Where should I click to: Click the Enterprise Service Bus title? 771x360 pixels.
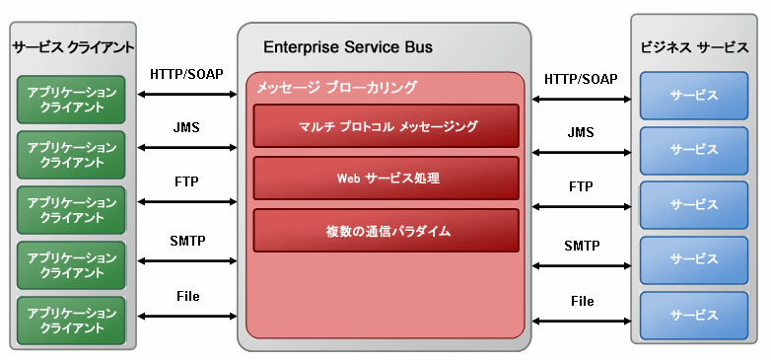pos(348,47)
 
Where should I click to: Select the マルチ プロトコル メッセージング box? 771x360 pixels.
pos(386,126)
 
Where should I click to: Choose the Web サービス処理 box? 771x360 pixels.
pos(386,179)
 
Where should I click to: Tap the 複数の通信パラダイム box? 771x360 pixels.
pos(386,231)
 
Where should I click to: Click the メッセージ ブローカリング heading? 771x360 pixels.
pos(336,88)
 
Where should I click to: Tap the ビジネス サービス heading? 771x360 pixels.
pos(694,47)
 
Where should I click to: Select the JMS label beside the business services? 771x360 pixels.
pos(582,131)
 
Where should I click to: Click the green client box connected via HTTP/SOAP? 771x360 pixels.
pos(78,99)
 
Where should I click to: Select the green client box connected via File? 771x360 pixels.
pos(78,320)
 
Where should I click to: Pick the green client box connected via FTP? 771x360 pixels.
pos(78,209)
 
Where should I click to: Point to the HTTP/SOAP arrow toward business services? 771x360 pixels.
pos(582,98)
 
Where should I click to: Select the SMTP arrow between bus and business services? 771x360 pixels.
pos(582,264)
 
